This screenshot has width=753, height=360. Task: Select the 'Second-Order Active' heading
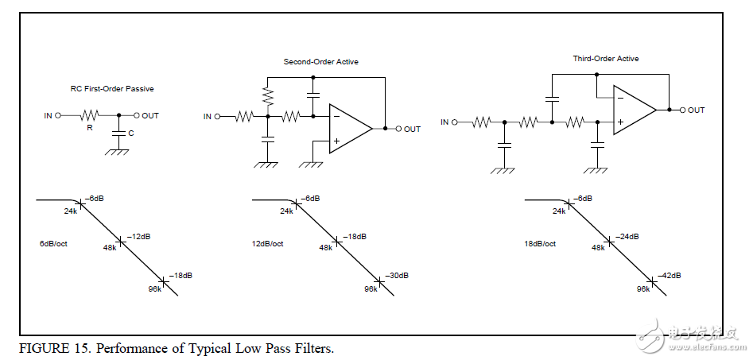pos(320,61)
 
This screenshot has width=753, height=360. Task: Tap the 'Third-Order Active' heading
pos(606,58)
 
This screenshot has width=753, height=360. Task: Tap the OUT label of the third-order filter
pos(696,110)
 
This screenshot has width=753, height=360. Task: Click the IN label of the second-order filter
pos(208,116)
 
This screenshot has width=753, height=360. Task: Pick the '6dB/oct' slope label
pos(52,242)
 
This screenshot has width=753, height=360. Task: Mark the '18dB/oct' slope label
pos(540,242)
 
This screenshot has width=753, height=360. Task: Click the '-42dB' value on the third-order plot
pos(669,275)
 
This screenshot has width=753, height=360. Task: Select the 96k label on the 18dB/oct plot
pos(643,289)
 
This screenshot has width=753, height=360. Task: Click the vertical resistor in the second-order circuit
pos(268,97)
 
